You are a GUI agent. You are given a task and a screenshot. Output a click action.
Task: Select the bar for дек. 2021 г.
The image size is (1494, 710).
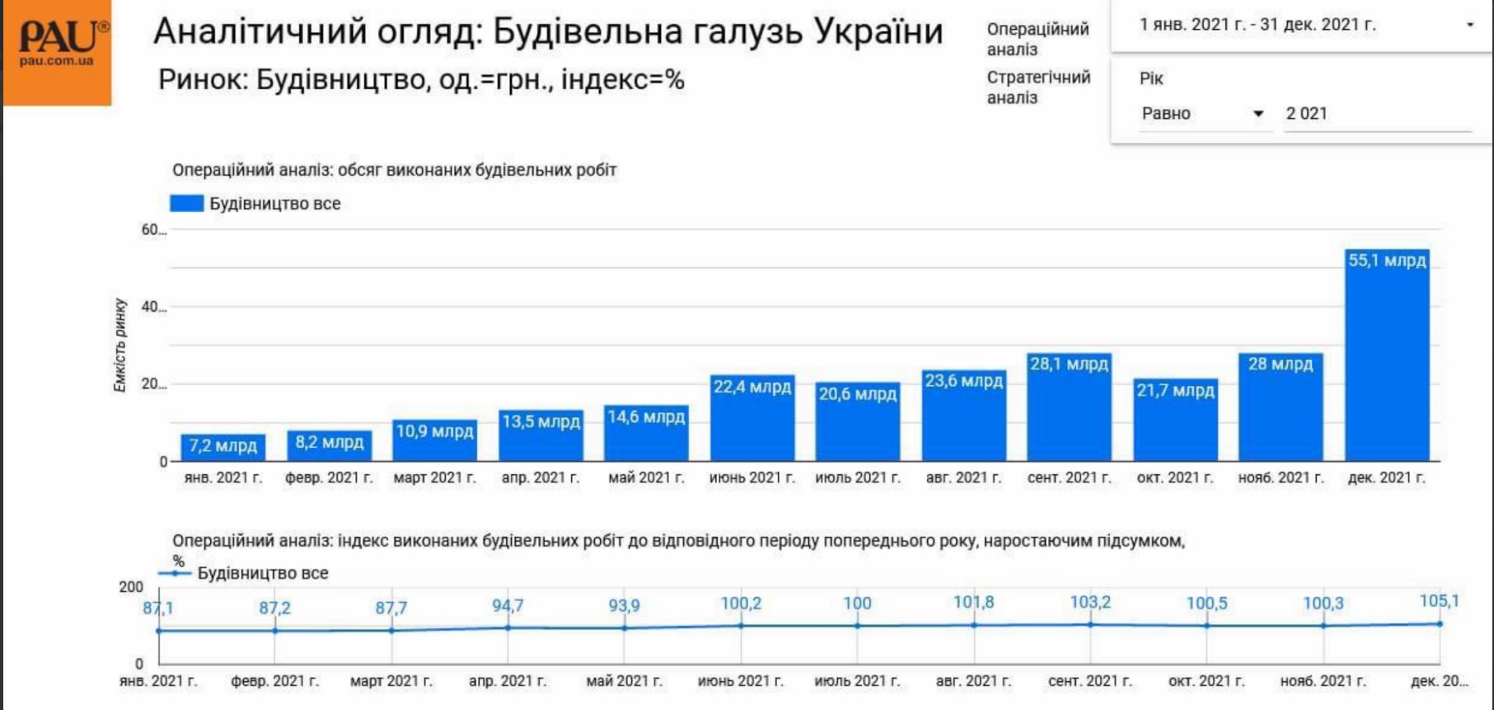(x=1387, y=363)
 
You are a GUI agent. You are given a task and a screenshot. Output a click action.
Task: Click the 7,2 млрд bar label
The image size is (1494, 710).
(x=222, y=446)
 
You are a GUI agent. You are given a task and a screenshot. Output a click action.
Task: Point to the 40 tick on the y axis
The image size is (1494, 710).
(x=152, y=307)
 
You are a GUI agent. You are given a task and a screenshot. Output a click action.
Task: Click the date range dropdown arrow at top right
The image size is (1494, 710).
(x=1469, y=25)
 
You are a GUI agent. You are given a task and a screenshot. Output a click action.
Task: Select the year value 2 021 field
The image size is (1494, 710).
(x=1376, y=114)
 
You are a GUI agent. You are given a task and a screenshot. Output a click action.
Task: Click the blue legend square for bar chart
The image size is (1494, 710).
(x=186, y=204)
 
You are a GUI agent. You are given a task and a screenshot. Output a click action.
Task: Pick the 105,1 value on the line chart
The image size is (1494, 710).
(x=1439, y=601)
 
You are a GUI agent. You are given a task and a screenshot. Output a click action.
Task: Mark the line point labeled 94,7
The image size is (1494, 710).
(x=508, y=628)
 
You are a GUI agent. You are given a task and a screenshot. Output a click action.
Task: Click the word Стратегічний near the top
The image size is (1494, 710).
(x=1038, y=78)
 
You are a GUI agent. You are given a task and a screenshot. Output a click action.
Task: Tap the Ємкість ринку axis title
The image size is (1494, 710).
(x=120, y=345)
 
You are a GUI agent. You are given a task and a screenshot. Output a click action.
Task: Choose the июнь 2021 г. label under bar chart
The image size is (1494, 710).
(x=752, y=477)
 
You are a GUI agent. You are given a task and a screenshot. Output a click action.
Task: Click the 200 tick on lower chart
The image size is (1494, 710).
(x=131, y=587)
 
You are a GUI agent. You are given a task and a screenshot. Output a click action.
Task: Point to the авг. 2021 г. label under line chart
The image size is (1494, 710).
(x=973, y=681)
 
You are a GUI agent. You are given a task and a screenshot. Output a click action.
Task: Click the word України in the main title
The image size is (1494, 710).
(x=878, y=32)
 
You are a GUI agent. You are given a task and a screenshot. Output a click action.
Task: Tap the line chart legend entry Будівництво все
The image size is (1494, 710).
(x=262, y=573)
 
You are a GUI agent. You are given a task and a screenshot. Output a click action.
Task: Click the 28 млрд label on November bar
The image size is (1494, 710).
(x=1280, y=364)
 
